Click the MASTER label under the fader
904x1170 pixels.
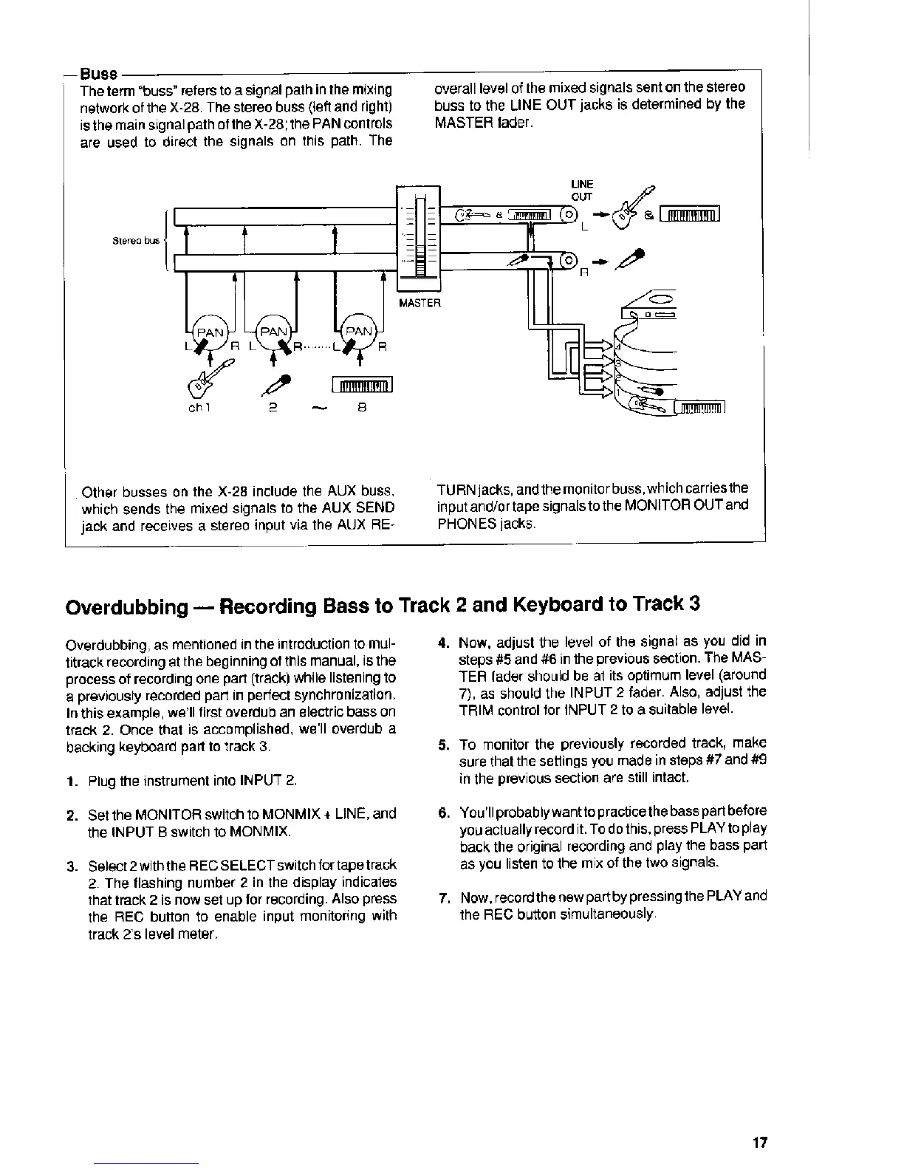[420, 303]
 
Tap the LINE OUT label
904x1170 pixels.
[582, 190]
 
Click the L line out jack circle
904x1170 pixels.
[569, 216]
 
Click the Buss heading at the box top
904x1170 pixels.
[99, 74]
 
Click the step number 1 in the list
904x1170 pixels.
[70, 781]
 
